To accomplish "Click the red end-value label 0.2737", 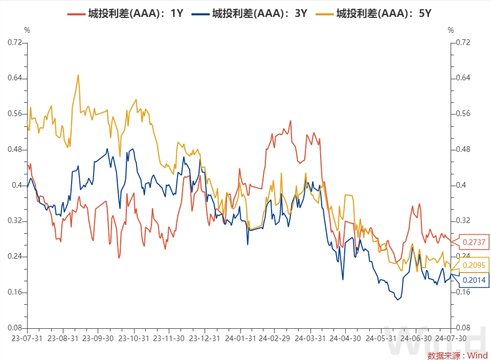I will pyautogui.click(x=474, y=242).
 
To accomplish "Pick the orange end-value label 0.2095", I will pyautogui.click(x=474, y=265).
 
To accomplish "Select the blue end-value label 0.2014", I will pyautogui.click(x=474, y=280).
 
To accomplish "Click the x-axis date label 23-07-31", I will pyautogui.click(x=27, y=339).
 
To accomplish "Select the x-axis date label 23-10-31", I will pyautogui.click(x=133, y=339).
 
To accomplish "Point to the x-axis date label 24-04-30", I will pyautogui.click(x=345, y=339).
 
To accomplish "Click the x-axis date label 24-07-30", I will pyautogui.click(x=450, y=339).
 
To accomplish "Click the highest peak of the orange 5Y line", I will pyautogui.click(x=78, y=75).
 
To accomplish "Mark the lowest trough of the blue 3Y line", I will pyautogui.click(x=397, y=300).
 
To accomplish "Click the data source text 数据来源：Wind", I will pyautogui.click(x=457, y=355).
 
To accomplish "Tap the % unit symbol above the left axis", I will pyautogui.click(x=27, y=30).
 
